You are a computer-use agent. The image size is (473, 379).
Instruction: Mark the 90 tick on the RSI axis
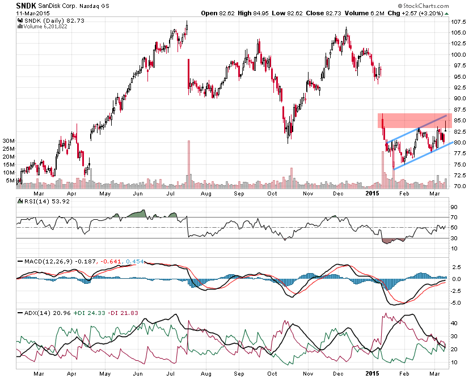[454, 207]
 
